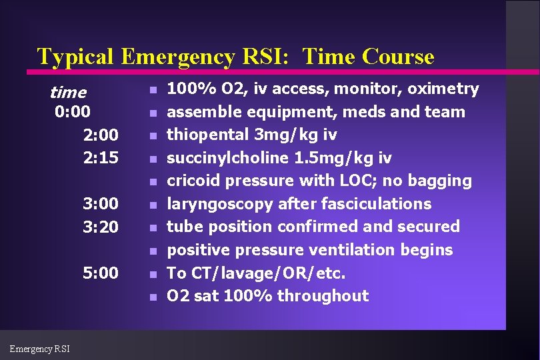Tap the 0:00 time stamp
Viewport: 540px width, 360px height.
click(x=73, y=111)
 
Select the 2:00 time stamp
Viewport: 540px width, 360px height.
click(x=101, y=135)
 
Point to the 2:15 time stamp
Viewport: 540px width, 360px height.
click(x=101, y=159)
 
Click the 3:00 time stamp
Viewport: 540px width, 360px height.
click(x=101, y=203)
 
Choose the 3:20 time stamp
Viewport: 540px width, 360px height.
click(x=101, y=227)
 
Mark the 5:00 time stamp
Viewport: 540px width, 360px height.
click(x=101, y=273)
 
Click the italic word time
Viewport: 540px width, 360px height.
click(x=68, y=92)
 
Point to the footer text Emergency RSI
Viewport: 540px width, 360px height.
click(x=39, y=348)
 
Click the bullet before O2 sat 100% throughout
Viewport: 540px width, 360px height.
click(x=153, y=297)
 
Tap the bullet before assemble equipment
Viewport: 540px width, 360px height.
click(x=153, y=113)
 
